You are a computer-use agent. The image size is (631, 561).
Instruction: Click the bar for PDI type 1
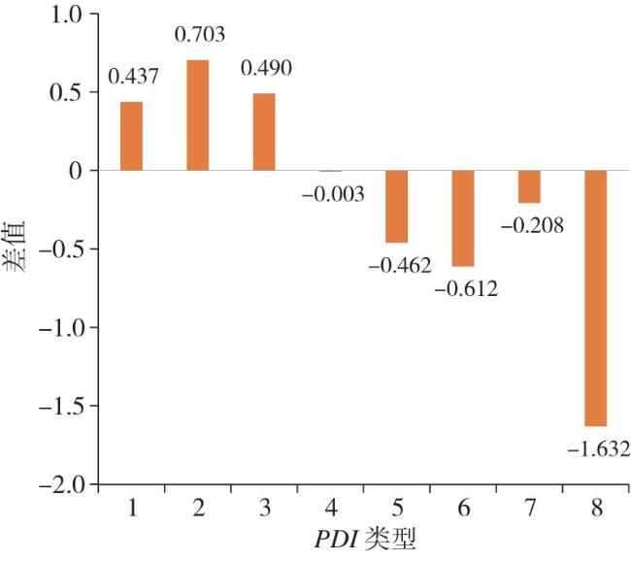coord(131,136)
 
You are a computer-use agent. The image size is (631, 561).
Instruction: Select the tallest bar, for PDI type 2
coord(197,115)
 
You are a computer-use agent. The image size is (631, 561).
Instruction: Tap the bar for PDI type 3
coord(264,132)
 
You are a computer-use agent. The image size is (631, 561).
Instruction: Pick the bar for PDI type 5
coord(396,206)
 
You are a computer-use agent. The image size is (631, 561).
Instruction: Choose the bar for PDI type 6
coord(462,217)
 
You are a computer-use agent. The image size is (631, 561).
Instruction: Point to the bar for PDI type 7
coord(529,186)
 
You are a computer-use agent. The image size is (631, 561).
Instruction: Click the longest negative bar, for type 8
coord(595,298)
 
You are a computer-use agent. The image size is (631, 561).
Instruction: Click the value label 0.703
coord(199,36)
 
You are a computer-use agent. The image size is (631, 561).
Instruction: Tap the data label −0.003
coord(333,194)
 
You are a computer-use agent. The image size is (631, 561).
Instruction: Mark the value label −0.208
coord(532,226)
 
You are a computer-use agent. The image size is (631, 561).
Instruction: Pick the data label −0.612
coord(465,287)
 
